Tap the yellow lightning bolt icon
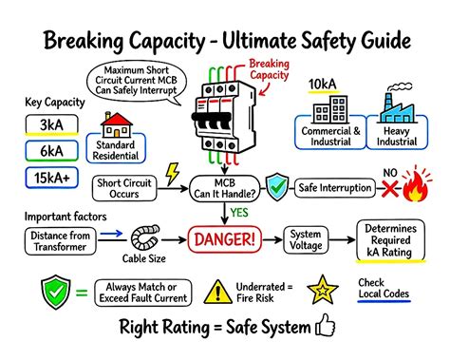[x=173, y=175]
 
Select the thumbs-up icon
[x=326, y=328]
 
